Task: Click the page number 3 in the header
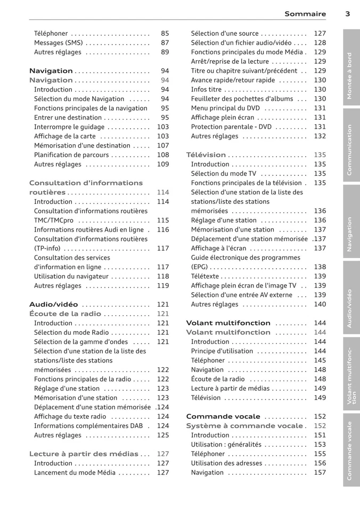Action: (347, 14)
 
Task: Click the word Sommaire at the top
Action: (305, 14)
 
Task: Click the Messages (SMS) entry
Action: (58, 43)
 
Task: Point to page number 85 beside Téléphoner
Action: (165, 34)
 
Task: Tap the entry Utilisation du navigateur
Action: (71, 276)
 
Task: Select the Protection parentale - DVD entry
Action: (231, 127)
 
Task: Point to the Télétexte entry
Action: (204, 276)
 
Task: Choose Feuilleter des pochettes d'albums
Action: (242, 98)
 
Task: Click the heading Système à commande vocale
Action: (244, 426)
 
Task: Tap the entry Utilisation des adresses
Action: (227, 463)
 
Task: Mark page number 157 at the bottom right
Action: (320, 472)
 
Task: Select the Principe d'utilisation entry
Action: (222, 351)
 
